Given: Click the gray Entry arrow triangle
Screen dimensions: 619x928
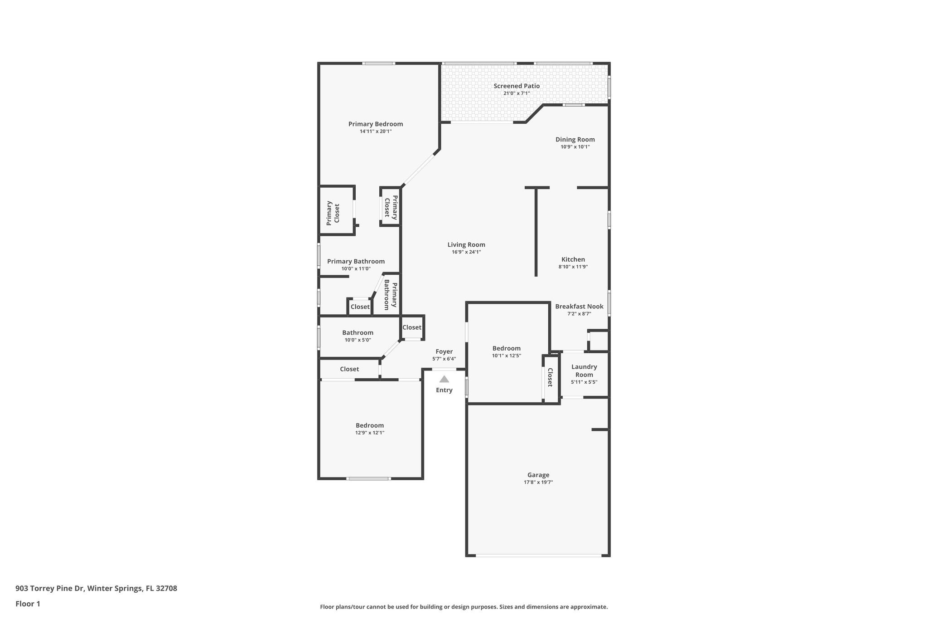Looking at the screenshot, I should tap(444, 379).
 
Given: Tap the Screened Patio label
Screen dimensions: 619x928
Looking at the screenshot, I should tap(517, 86).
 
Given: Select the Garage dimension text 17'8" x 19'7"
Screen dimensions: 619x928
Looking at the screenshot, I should tap(538, 482).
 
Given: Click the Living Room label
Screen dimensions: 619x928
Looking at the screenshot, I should tap(466, 244).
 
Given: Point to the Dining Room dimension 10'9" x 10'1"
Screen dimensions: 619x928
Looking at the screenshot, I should tap(575, 146).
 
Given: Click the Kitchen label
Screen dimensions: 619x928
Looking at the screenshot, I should tap(573, 259).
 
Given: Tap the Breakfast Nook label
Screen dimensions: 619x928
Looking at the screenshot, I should tap(579, 306).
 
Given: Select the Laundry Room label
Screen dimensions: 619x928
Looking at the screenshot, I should tap(584, 370).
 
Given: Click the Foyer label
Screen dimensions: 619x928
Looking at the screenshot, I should tap(444, 351).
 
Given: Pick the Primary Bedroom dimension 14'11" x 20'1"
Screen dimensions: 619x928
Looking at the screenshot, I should tap(376, 131).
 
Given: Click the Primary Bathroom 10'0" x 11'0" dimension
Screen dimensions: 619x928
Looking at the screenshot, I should tap(356, 268).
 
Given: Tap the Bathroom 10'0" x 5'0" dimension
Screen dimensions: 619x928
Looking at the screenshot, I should tap(358, 340).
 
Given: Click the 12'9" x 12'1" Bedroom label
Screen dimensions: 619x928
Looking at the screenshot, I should tap(370, 425).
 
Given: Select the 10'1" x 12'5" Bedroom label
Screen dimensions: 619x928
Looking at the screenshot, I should tap(507, 348).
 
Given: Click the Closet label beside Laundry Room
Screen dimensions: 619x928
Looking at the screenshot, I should tap(550, 377).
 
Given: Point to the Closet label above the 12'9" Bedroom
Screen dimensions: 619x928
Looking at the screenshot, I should tap(349, 369).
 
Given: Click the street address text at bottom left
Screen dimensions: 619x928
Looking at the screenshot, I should tap(96, 588).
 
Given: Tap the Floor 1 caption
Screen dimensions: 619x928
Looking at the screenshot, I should tap(28, 604).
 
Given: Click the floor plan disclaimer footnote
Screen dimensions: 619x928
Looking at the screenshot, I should tap(464, 607).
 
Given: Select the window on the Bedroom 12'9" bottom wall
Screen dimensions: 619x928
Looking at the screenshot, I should tap(368, 478).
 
